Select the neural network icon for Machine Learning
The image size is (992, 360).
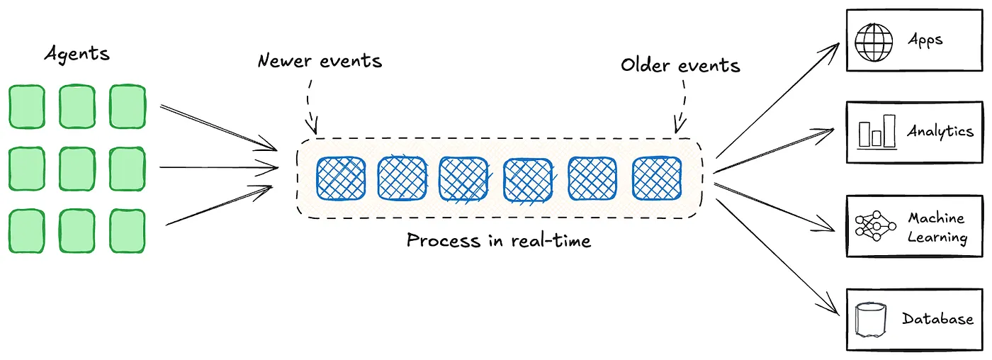872,227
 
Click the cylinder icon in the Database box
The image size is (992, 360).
872,320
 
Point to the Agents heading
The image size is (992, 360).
77,54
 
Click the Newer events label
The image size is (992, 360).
320,61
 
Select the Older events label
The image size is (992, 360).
680,66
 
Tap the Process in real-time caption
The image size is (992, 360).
498,241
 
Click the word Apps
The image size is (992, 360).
925,40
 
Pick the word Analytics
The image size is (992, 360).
940,131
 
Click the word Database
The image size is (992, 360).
937,319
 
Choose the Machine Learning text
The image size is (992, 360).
937,227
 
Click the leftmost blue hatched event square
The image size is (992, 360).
340,178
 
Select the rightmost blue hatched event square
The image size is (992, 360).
657,178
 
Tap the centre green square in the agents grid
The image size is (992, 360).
77,169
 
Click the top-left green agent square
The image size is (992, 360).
26,107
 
